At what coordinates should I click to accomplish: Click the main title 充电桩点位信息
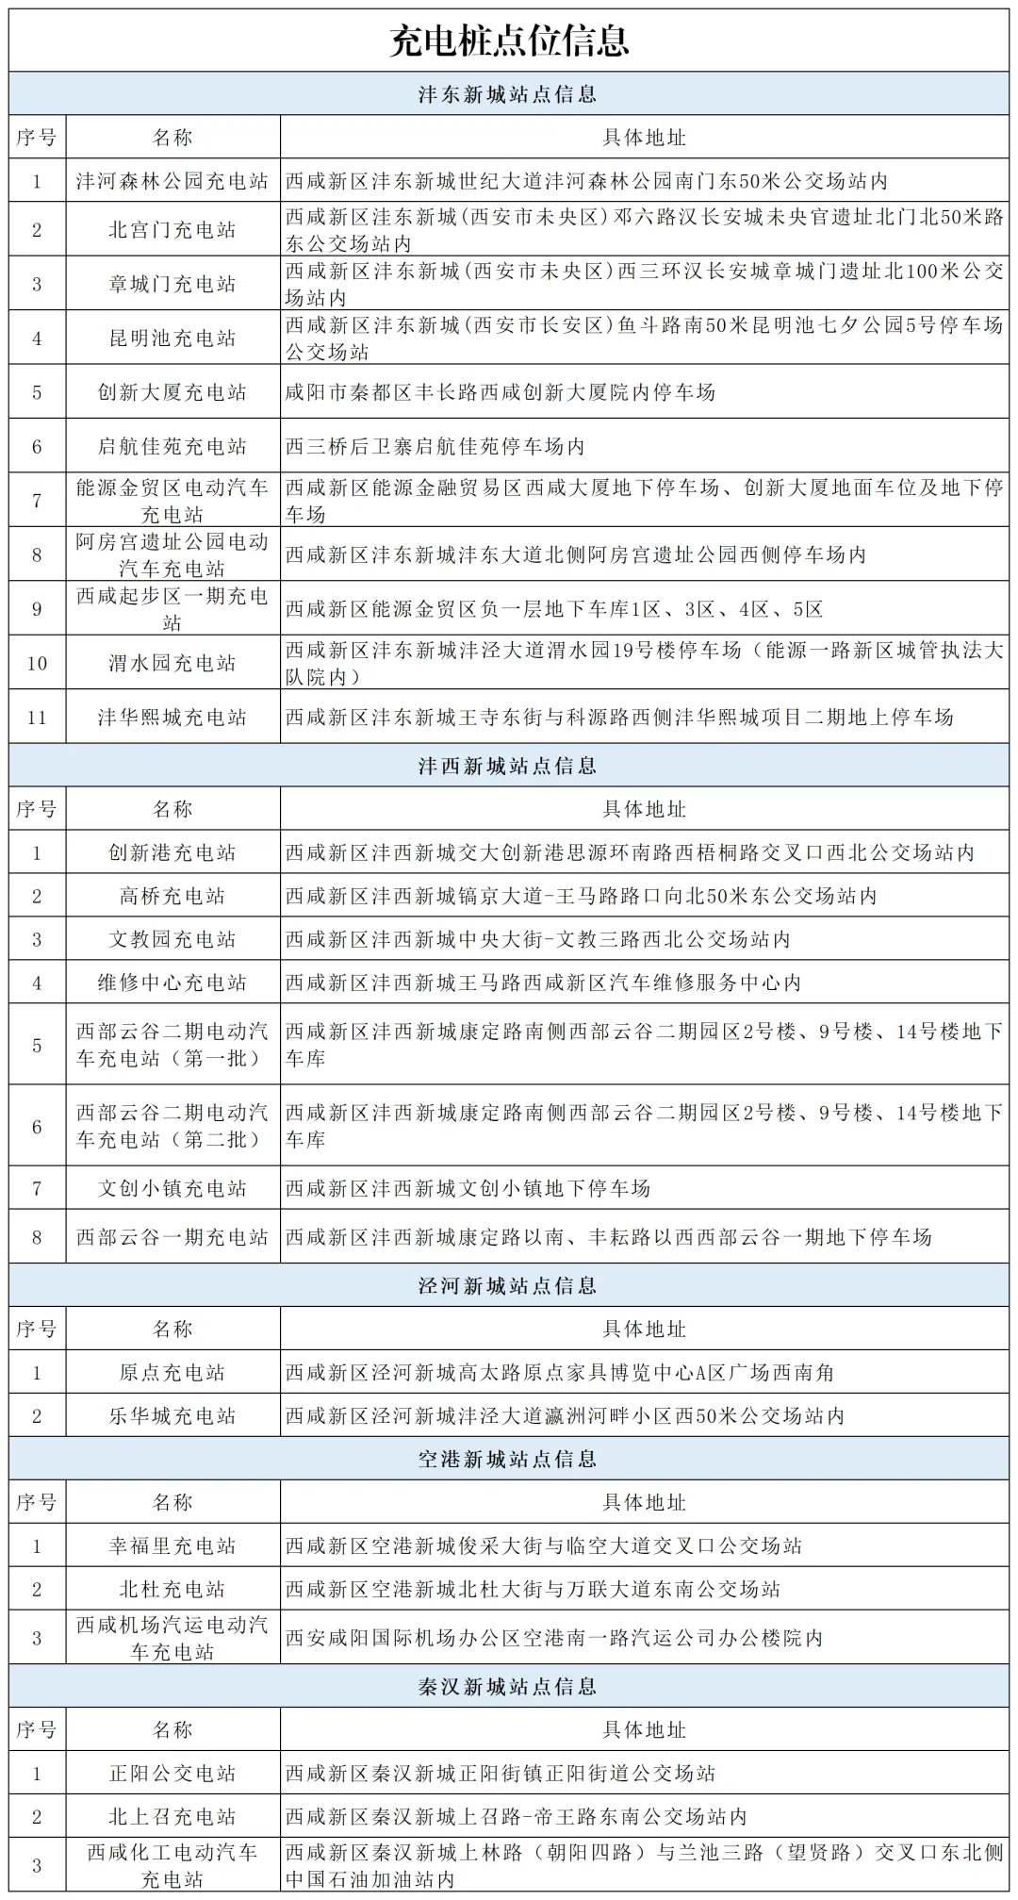click(509, 41)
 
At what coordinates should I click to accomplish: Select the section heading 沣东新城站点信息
click(509, 94)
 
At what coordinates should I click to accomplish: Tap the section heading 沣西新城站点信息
click(509, 766)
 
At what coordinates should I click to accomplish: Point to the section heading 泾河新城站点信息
click(509, 1285)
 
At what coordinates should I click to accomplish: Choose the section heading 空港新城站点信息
click(509, 1459)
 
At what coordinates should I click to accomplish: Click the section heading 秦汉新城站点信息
click(509, 1686)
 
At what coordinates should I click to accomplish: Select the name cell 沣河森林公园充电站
click(172, 181)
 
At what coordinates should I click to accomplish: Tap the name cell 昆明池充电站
click(172, 339)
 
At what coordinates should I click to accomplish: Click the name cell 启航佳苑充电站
click(172, 446)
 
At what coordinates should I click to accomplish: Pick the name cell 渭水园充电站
click(172, 663)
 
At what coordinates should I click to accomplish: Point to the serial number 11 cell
click(37, 718)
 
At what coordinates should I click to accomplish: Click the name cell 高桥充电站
click(172, 896)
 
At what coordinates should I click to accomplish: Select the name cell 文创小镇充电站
click(172, 1188)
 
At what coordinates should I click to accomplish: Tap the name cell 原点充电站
click(172, 1373)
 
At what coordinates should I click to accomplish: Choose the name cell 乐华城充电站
click(172, 1416)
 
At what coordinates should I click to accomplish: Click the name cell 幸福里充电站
click(172, 1546)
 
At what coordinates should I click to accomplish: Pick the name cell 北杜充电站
click(172, 1590)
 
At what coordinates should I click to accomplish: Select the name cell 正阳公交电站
click(172, 1774)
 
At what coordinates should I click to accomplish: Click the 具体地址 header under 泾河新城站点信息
click(645, 1330)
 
